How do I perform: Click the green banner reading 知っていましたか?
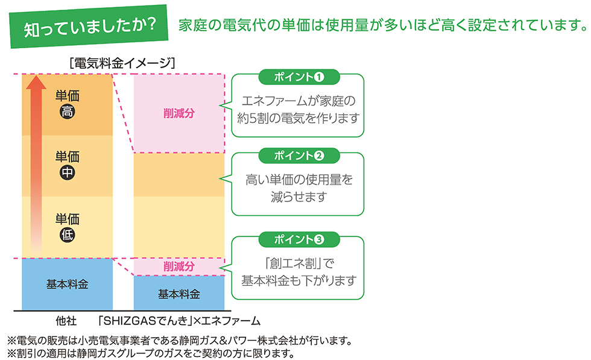click(x=89, y=27)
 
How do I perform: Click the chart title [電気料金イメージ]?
click(x=122, y=63)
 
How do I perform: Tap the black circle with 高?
click(x=68, y=112)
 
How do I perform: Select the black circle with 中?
click(x=68, y=172)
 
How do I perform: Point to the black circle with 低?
click(x=68, y=235)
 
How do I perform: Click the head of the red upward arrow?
click(x=36, y=82)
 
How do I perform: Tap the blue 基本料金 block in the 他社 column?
click(x=67, y=284)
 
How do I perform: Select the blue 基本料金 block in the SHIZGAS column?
click(x=179, y=293)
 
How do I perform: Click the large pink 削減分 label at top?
click(x=179, y=113)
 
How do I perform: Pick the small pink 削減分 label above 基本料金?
click(x=179, y=267)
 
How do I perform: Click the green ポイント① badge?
click(x=299, y=77)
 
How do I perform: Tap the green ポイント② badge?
click(x=299, y=156)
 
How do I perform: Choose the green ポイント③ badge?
click(x=299, y=240)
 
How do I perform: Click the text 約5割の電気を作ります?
click(x=298, y=118)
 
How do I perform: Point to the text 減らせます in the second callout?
click(x=299, y=197)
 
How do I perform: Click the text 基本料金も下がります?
click(x=299, y=281)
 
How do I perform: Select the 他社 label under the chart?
click(x=66, y=321)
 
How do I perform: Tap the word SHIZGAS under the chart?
click(x=130, y=321)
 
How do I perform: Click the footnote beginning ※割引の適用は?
click(x=151, y=353)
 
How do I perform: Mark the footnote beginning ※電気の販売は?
click(x=180, y=341)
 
